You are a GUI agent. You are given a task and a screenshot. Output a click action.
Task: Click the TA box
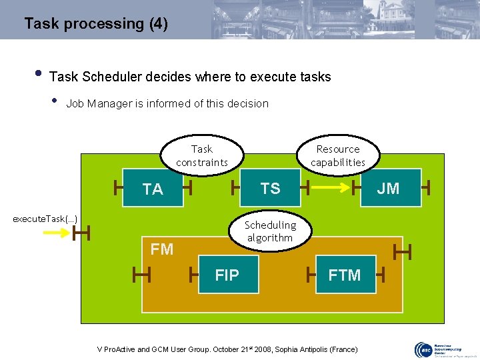click(x=153, y=189)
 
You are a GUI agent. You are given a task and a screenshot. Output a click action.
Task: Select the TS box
click(x=270, y=188)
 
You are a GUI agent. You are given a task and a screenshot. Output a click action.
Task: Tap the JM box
click(x=388, y=188)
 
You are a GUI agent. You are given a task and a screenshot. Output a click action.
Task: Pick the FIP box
click(x=227, y=275)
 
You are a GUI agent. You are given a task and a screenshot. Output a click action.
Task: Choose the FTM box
click(x=345, y=275)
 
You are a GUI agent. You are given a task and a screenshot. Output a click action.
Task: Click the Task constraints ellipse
click(x=202, y=156)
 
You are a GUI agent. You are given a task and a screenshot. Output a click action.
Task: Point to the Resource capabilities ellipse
click(x=338, y=156)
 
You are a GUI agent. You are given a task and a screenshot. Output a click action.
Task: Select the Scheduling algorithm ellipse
click(x=270, y=231)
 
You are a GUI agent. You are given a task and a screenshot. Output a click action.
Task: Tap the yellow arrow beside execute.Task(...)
click(x=57, y=233)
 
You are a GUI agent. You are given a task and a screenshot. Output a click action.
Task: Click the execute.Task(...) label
click(x=45, y=219)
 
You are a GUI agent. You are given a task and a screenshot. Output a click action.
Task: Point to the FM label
click(x=162, y=249)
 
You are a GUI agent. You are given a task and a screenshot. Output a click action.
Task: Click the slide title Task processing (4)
click(x=96, y=24)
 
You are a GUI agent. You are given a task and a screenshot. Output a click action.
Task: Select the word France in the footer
click(x=342, y=350)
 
